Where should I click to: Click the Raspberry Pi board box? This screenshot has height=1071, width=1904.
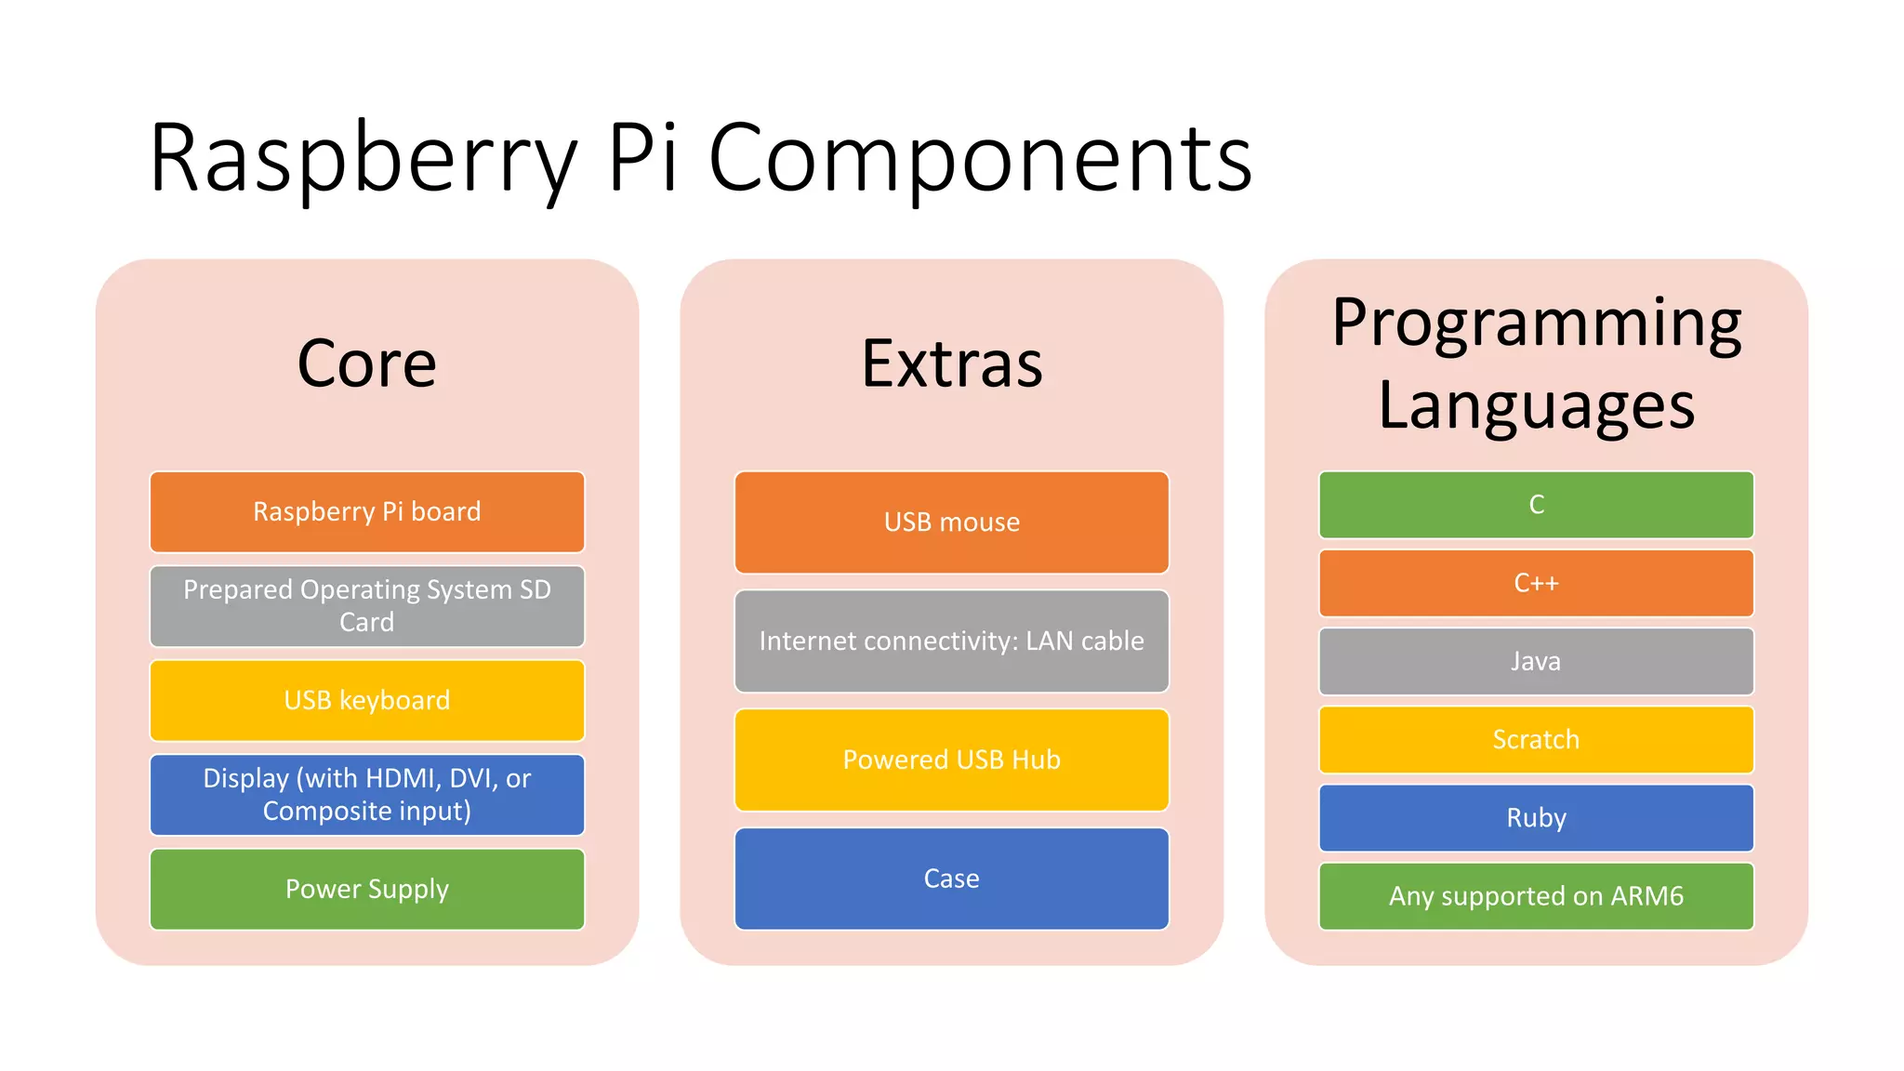pos(367,511)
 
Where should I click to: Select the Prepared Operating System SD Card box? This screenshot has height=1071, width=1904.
pos(367,605)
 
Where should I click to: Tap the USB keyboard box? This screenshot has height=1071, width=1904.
pos(367,700)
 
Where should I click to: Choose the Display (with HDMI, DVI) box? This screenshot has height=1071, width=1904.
pos(367,794)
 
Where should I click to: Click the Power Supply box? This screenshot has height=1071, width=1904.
pos(367,889)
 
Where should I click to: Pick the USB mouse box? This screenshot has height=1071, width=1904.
pos(951,522)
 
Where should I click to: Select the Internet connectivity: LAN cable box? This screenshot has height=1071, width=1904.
pos(951,641)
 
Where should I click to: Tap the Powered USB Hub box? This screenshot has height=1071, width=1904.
pos(951,760)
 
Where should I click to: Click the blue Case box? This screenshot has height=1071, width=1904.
pos(951,879)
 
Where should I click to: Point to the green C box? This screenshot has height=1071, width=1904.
pos(1536,505)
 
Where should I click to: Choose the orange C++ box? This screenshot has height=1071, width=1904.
pos(1536,583)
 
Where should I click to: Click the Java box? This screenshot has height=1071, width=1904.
pos(1536,661)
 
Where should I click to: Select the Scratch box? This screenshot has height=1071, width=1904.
pos(1536,739)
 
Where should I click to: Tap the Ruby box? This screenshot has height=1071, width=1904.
pos(1536,818)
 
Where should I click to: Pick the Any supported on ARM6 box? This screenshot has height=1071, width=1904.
pos(1536,896)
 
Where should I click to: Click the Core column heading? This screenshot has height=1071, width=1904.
pos(367,364)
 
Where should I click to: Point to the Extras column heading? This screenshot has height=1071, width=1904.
pos(951,364)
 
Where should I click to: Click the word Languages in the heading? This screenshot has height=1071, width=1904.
pos(1536,405)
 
